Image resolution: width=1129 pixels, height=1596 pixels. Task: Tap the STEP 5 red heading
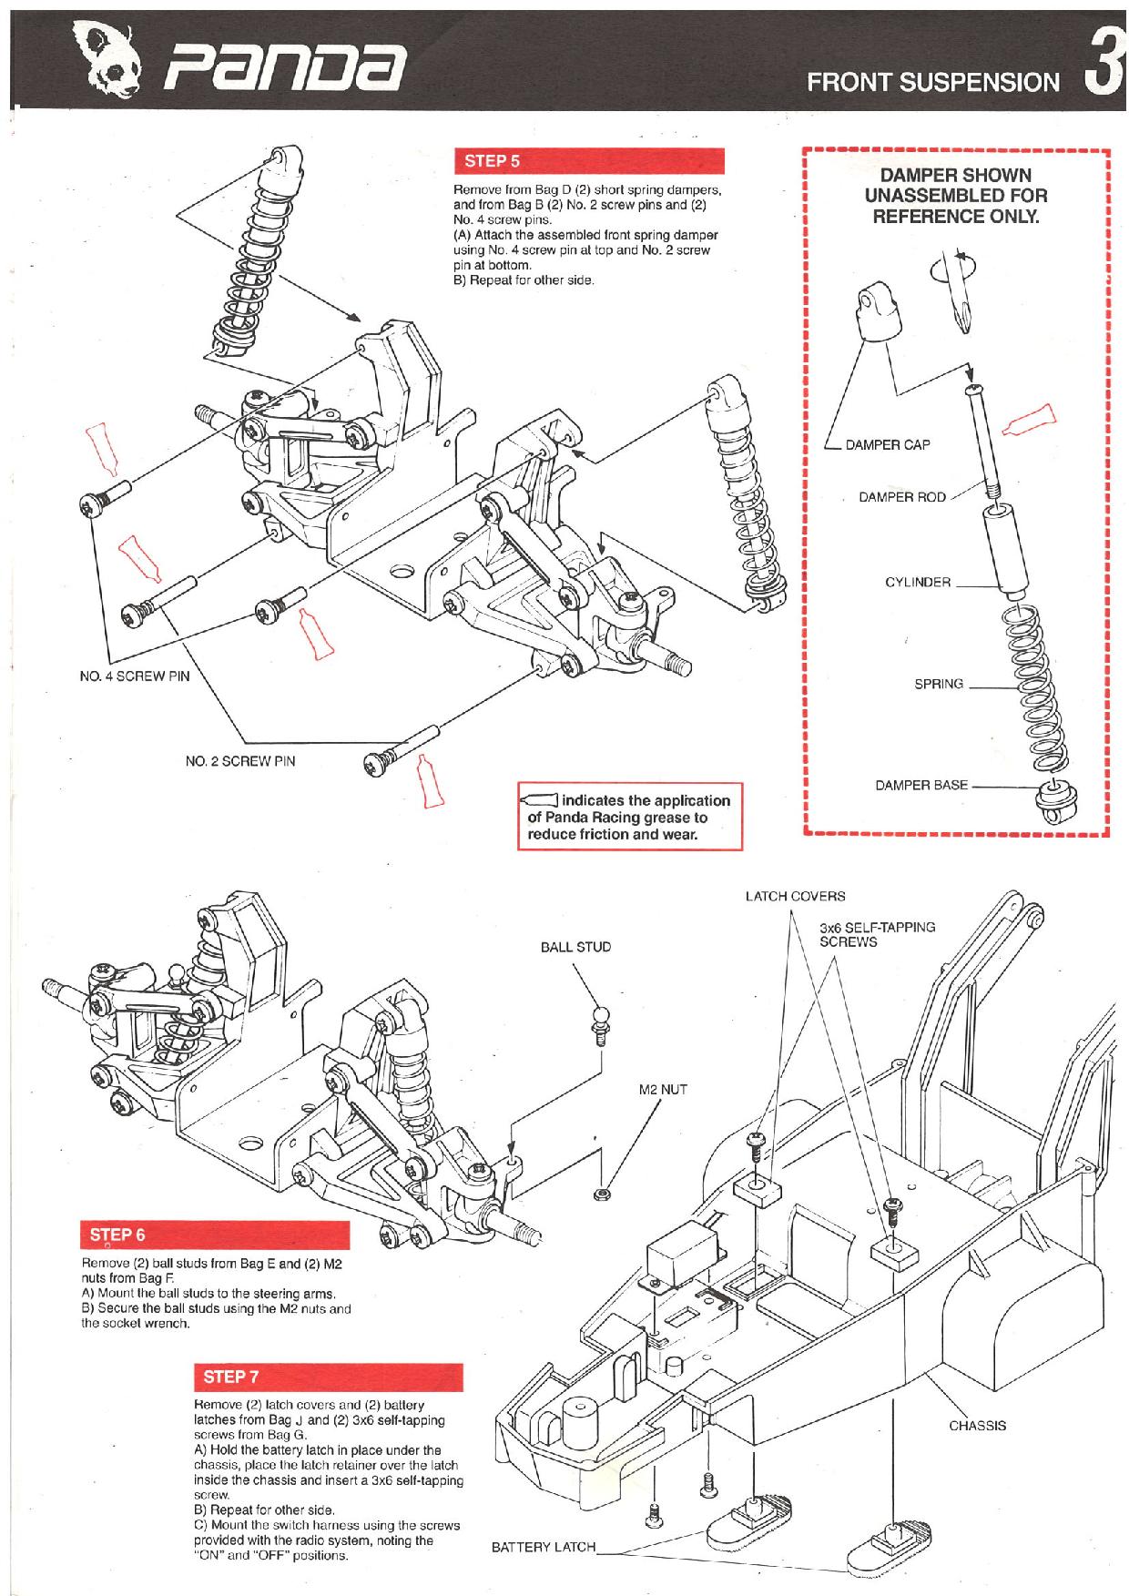point(493,161)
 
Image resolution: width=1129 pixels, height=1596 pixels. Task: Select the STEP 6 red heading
point(117,1235)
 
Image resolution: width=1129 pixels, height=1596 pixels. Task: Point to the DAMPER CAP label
point(887,445)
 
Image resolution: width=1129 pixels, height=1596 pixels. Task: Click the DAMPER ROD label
point(901,497)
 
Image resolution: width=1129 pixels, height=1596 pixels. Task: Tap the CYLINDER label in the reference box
point(917,583)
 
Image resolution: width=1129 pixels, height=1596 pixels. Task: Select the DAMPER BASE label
point(921,785)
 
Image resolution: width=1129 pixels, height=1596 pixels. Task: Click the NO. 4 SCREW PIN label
point(135,676)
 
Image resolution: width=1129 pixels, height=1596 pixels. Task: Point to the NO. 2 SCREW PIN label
point(240,761)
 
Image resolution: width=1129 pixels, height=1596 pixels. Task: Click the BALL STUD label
point(575,947)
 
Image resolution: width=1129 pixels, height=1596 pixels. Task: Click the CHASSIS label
point(977,1426)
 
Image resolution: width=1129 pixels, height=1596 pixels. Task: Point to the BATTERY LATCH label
point(543,1547)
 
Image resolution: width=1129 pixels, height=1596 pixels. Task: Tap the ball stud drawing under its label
point(599,1022)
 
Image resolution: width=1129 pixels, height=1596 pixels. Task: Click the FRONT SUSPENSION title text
point(933,83)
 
